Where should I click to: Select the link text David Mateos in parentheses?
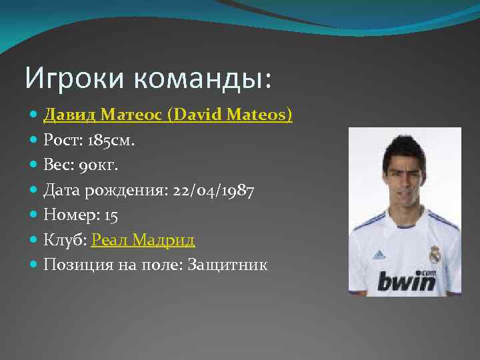point(229,115)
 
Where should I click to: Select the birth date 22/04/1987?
point(213,191)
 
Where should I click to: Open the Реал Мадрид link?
point(143,240)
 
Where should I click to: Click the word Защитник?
point(228,265)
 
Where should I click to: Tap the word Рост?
point(59,141)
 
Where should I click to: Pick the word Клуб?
point(63,240)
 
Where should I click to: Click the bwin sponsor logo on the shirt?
point(406,279)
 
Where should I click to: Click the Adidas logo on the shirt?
point(379,254)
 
